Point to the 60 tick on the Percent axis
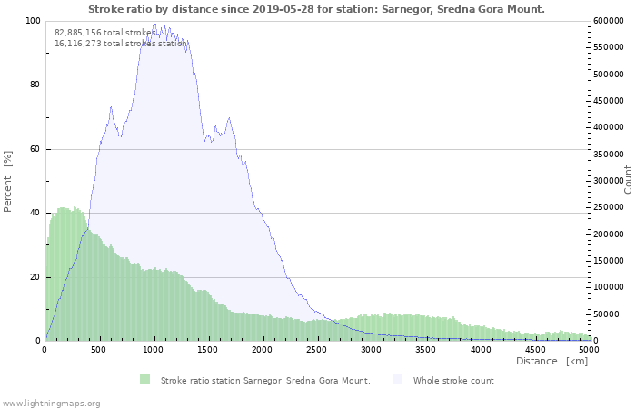[x=35, y=149]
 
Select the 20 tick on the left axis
[x=35, y=277]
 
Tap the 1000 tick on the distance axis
[x=154, y=349]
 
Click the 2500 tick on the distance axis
[x=317, y=349]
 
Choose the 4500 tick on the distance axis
[x=535, y=349]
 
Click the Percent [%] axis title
[x=8, y=181]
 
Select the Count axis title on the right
[x=628, y=179]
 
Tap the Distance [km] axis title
[x=552, y=362]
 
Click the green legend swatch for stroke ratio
[x=145, y=380]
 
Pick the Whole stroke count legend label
[x=453, y=380]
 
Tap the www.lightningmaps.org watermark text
[x=51, y=403]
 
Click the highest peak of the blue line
[x=154, y=25]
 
